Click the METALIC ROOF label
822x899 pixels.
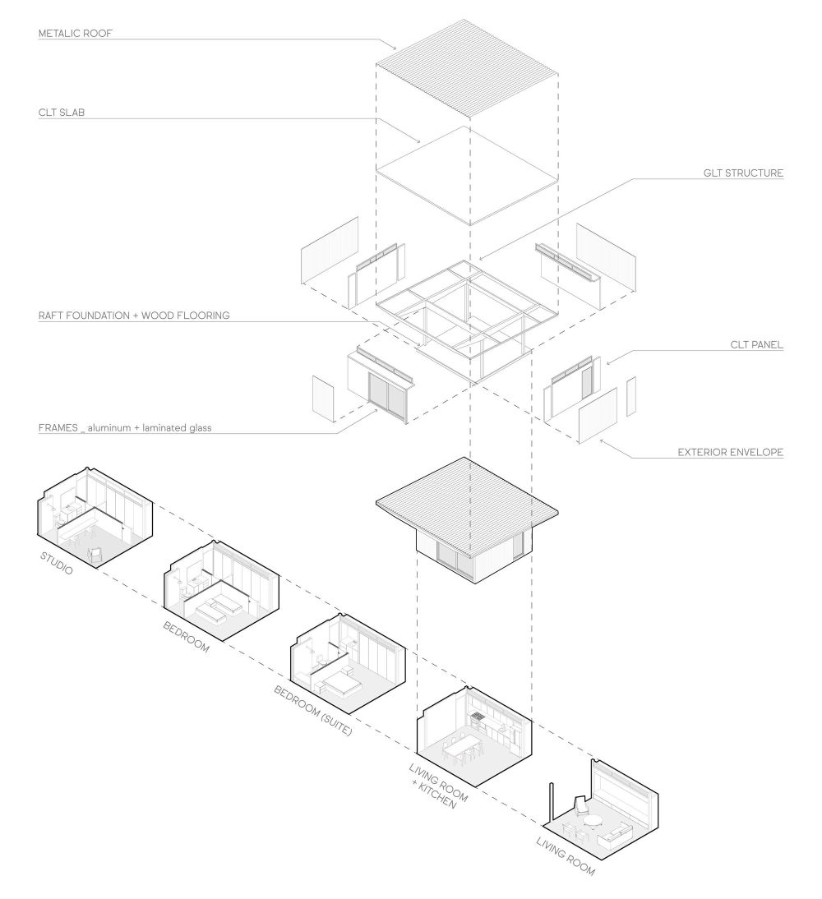[x=75, y=35]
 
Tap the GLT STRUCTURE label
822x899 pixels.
[x=743, y=173]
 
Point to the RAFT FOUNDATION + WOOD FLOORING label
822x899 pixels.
[x=134, y=315]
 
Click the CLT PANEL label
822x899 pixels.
[x=755, y=345]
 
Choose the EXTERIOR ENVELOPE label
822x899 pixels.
[x=730, y=452]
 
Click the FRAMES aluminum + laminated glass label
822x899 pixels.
[x=125, y=427]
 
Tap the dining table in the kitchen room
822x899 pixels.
[x=465, y=747]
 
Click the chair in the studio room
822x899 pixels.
[x=96, y=556]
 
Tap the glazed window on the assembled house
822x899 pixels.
[x=455, y=562]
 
